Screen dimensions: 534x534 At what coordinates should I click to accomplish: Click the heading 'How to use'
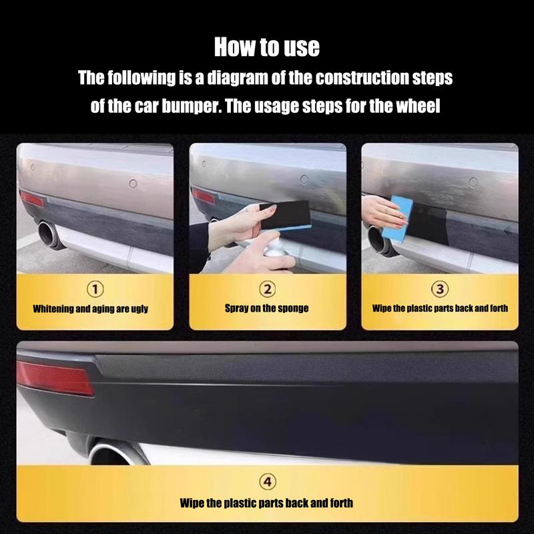click(x=267, y=47)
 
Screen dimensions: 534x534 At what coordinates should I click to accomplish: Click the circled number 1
click(x=95, y=288)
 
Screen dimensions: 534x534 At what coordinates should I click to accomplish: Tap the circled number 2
click(x=267, y=288)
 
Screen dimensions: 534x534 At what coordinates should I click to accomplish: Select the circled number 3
click(x=439, y=288)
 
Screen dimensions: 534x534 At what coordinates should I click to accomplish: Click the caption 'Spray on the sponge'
click(x=267, y=308)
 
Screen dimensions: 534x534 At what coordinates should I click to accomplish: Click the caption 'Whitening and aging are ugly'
click(x=91, y=308)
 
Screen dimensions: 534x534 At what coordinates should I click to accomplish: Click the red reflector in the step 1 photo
click(x=31, y=200)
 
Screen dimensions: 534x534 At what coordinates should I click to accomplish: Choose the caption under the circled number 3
click(x=439, y=308)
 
